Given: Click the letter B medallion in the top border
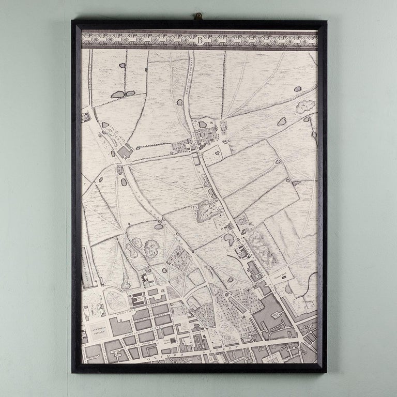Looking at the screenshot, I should [x=199, y=39].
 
